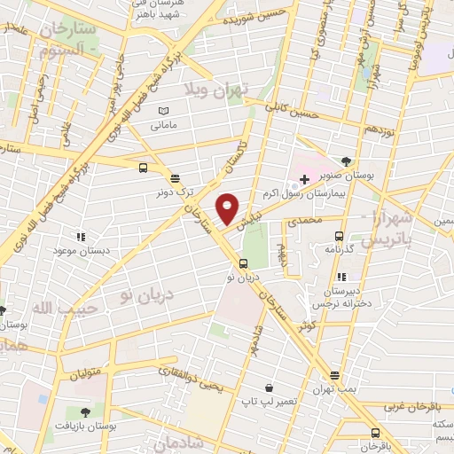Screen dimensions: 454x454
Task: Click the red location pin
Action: point(228,208)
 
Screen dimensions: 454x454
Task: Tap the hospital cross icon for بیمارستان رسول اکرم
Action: point(304,179)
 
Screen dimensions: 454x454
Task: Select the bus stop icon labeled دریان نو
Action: point(243,262)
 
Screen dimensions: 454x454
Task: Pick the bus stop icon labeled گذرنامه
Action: point(339,236)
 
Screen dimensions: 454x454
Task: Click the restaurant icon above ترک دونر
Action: point(175,177)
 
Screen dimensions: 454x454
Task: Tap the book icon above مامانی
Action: point(162,111)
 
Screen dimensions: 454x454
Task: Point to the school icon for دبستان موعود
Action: point(82,237)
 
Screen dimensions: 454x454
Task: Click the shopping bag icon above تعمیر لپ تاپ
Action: point(268,387)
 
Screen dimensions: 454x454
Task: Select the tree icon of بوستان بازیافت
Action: point(85,412)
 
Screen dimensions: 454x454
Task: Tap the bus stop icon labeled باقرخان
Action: point(375,433)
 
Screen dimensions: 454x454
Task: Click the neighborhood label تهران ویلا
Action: point(216,90)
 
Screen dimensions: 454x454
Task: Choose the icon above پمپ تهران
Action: point(334,376)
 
